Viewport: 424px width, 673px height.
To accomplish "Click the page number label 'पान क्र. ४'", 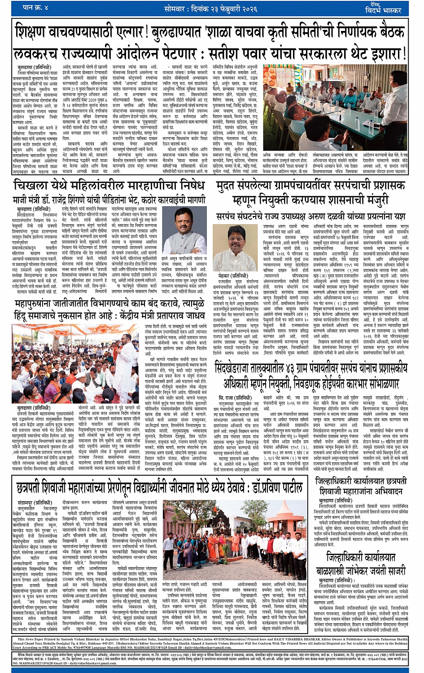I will point(35,8).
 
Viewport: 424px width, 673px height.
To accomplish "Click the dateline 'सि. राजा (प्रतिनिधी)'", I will point(235,397).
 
